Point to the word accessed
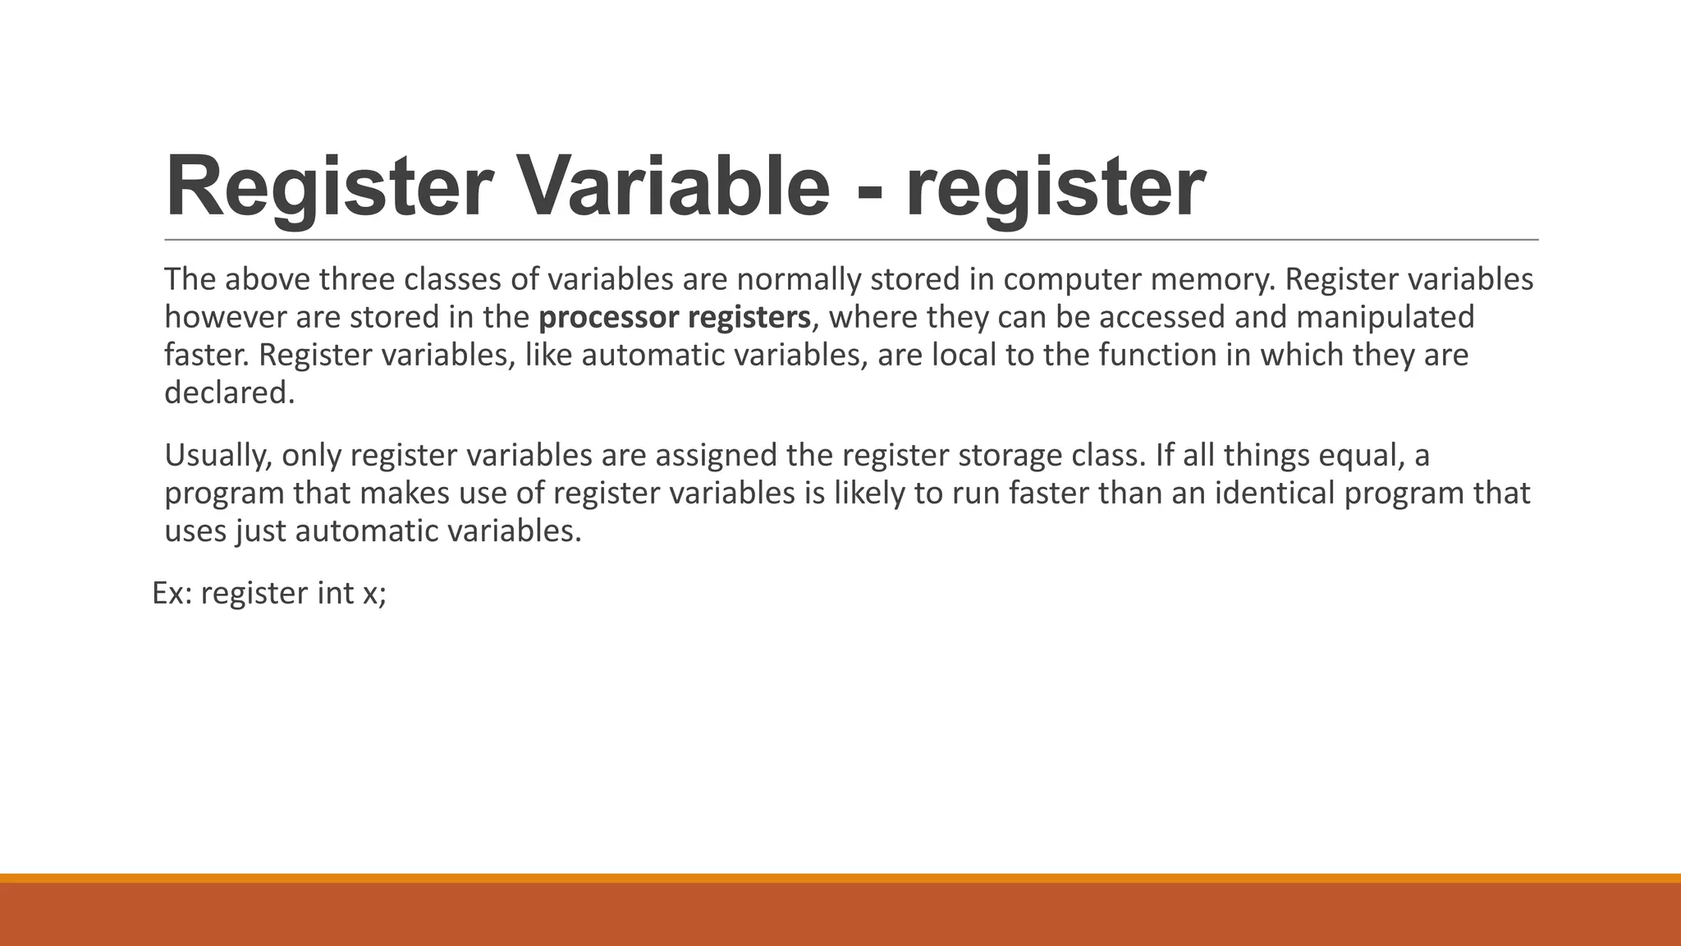[1149, 318]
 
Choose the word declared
[229, 393]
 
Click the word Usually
[218, 456]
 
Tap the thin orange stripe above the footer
[840, 878]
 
